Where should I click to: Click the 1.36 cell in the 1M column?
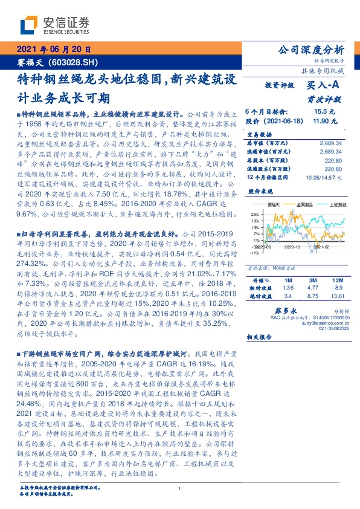coord(288,289)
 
